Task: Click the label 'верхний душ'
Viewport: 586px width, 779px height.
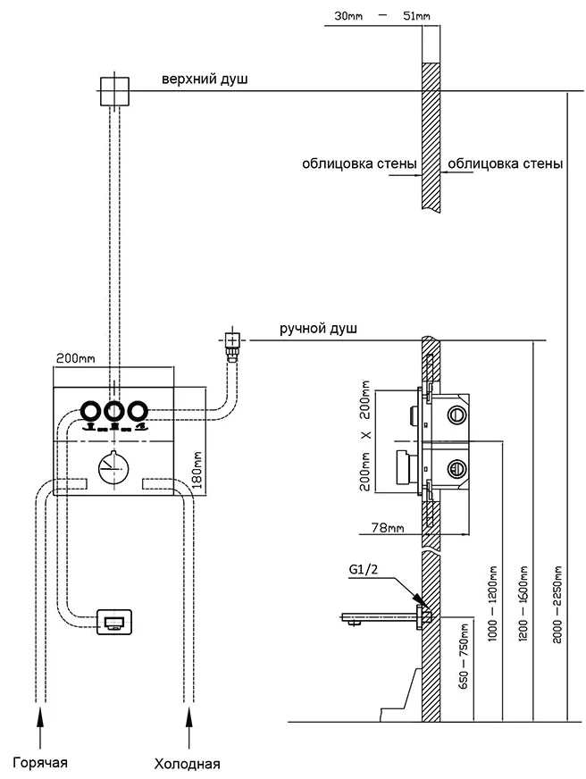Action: [x=205, y=80]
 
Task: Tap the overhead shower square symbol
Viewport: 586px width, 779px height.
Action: [x=114, y=90]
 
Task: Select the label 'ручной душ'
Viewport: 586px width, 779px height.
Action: [x=318, y=329]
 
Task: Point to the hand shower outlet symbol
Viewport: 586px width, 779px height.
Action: [x=232, y=339]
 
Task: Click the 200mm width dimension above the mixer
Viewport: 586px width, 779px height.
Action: [x=75, y=358]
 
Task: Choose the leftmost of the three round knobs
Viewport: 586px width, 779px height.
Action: [x=91, y=411]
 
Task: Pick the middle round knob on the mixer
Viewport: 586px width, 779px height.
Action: [x=113, y=411]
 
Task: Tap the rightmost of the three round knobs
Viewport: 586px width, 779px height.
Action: [x=136, y=411]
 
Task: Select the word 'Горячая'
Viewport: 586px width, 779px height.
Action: [x=39, y=762]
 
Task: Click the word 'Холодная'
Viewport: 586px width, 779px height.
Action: [x=187, y=764]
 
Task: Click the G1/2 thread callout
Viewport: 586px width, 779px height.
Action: [x=364, y=568]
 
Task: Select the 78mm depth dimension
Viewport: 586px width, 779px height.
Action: [x=387, y=528]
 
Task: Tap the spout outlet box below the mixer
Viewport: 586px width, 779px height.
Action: [x=113, y=622]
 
